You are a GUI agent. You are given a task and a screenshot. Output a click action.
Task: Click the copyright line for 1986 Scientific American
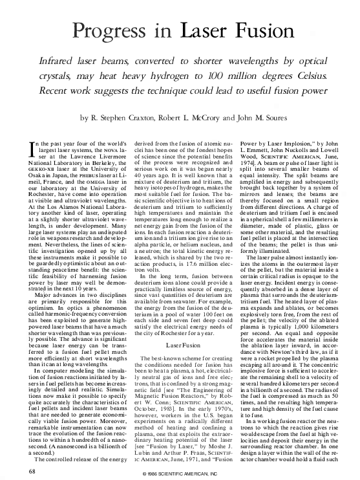click(180, 474)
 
